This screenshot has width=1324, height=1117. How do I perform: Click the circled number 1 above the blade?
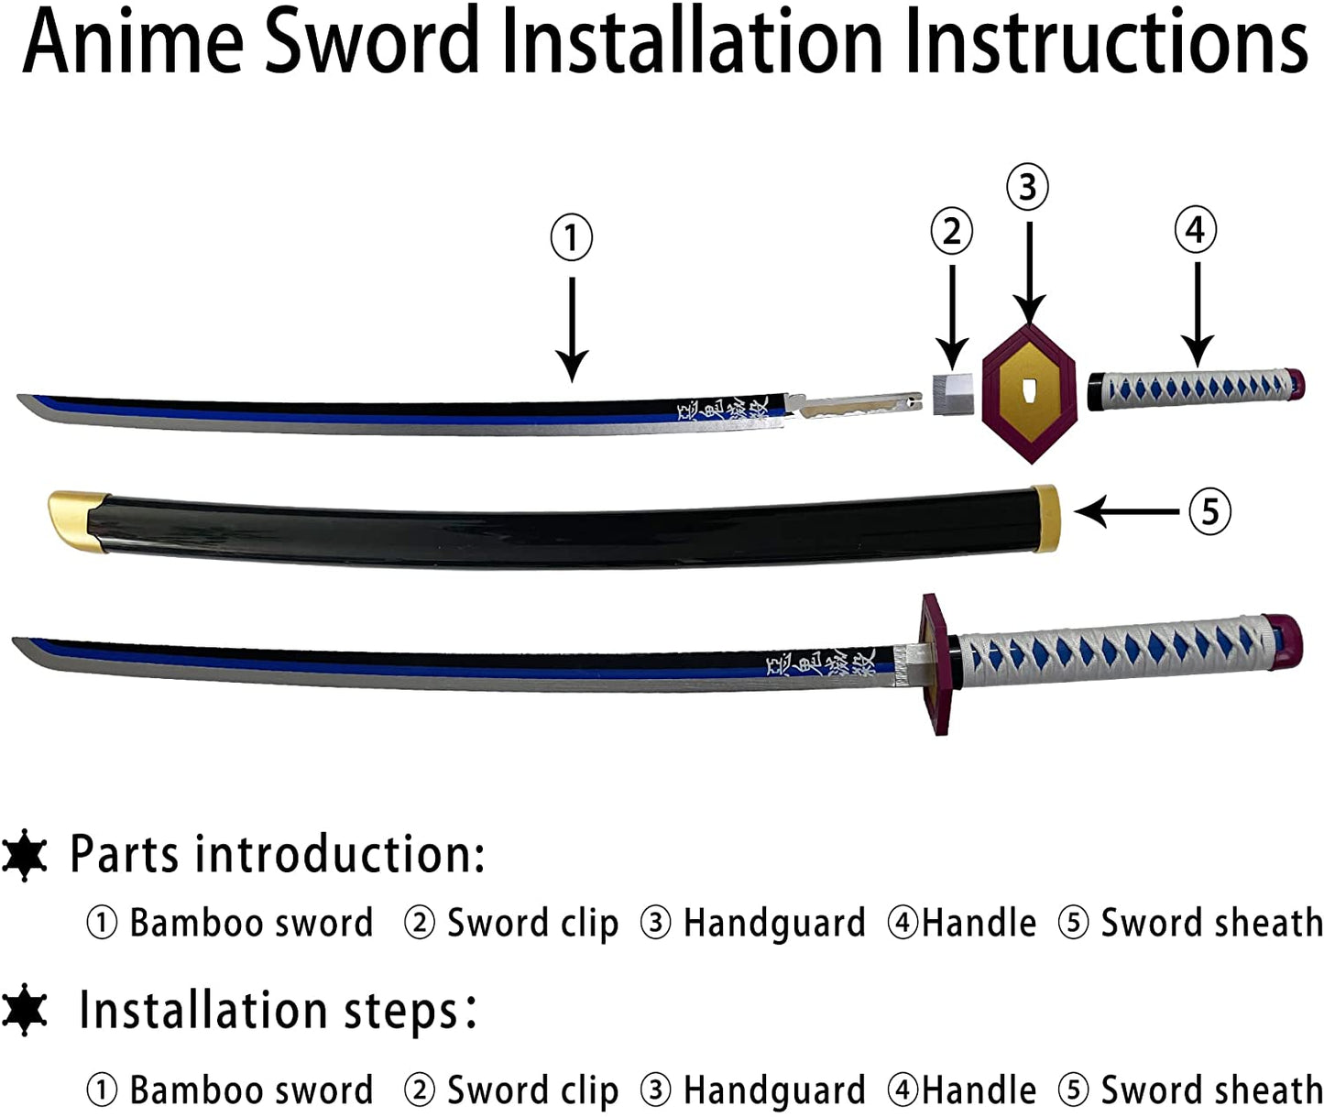(572, 237)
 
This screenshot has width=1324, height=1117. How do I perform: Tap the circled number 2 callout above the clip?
(951, 231)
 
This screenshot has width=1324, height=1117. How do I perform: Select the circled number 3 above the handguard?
(1027, 187)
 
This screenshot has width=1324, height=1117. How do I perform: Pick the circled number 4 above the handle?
(1195, 229)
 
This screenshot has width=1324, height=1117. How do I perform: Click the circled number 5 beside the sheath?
(1209, 510)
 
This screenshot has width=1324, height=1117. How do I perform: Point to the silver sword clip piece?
(951, 394)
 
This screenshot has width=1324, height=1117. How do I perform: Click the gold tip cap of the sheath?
(68, 519)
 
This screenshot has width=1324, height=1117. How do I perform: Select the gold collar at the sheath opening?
(1045, 518)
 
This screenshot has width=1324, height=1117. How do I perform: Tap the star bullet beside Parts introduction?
(25, 855)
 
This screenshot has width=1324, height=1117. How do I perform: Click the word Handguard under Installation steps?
(774, 1090)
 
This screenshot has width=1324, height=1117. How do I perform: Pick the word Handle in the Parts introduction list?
(979, 923)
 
